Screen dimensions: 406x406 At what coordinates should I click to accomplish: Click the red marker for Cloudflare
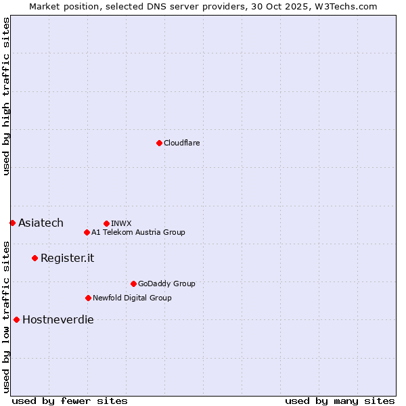coord(159,143)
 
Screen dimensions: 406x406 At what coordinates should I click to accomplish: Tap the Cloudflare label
coord(182,143)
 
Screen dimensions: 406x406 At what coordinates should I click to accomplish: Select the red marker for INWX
coord(106,223)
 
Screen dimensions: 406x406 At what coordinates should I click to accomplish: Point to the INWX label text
coord(121,223)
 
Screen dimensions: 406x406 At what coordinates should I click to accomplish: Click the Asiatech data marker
coord(12,223)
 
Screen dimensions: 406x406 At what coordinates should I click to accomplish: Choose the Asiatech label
coord(41,223)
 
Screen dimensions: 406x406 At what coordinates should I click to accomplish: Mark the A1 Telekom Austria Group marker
coord(87,232)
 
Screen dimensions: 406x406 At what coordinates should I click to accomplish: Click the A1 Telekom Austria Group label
coord(138,232)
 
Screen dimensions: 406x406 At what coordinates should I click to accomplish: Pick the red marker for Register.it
coord(35,258)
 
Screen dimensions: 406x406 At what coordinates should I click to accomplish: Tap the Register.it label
coord(67,258)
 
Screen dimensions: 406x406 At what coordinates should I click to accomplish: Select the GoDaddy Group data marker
coord(133,284)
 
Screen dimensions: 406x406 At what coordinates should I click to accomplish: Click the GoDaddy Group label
coord(166,284)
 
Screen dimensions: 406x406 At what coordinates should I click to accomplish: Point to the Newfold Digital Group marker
coord(88,298)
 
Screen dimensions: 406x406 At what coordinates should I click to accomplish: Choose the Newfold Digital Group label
coord(132,298)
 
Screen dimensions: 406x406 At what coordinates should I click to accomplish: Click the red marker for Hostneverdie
coord(16,319)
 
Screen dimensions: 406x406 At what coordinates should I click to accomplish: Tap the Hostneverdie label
coord(58,319)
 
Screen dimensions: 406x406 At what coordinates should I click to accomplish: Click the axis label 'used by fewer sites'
coord(70,401)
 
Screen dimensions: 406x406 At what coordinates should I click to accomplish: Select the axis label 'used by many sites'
coord(340,401)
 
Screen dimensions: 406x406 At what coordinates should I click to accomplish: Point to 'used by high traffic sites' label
coord(6,96)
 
